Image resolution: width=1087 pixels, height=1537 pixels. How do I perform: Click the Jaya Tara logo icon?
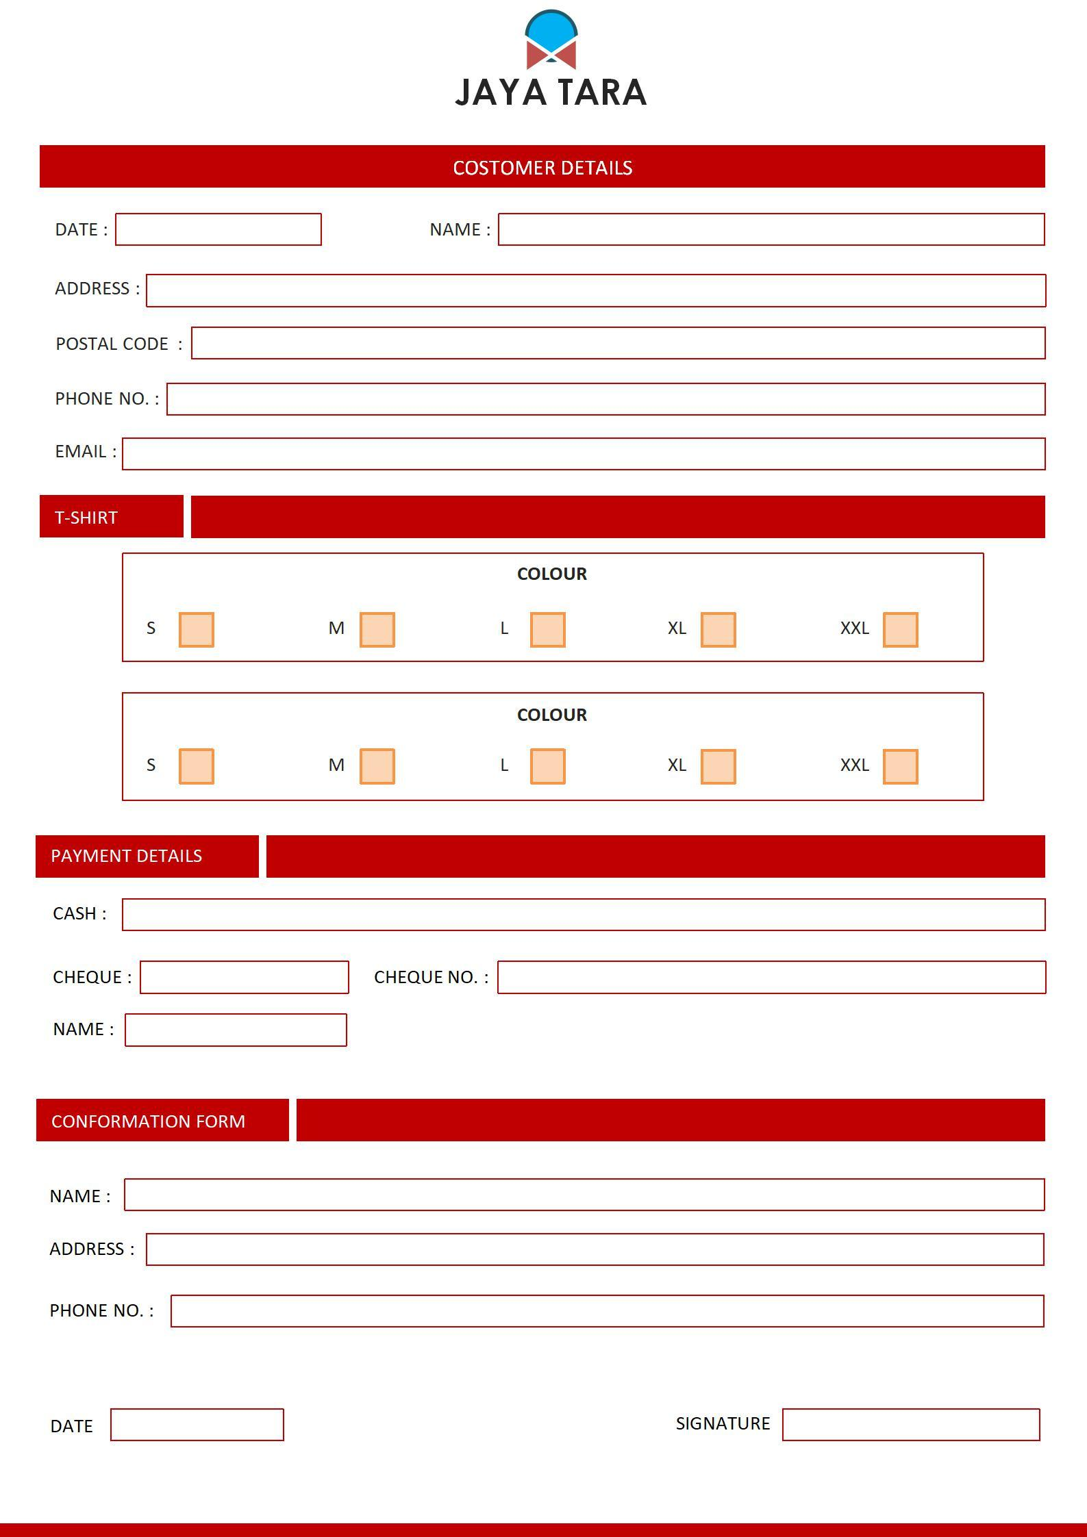[551, 40]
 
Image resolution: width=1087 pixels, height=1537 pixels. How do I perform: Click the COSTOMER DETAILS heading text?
[542, 168]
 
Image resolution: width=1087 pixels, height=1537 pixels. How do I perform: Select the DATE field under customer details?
[218, 229]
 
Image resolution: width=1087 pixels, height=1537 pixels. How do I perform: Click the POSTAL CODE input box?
[618, 343]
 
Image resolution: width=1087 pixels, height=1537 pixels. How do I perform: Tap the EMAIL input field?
[584, 454]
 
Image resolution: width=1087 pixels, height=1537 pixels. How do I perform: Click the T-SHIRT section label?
[86, 518]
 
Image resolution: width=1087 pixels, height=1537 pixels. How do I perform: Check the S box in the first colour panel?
[197, 629]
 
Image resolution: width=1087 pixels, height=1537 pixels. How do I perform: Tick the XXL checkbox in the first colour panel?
[900, 629]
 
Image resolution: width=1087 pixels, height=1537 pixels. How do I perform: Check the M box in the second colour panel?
[377, 766]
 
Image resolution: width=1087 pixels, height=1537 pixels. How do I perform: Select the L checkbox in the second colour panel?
[547, 766]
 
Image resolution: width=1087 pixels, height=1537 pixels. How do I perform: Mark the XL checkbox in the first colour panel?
[718, 629]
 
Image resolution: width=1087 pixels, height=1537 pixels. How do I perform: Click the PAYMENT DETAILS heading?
[127, 856]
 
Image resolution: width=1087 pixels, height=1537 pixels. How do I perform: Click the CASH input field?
[584, 915]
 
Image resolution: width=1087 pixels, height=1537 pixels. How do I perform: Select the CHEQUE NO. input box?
[771, 977]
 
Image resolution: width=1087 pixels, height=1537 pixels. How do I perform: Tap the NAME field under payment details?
[236, 1030]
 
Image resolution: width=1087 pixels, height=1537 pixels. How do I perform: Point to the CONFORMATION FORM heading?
[148, 1121]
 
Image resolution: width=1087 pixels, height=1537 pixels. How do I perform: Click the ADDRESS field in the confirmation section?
[595, 1249]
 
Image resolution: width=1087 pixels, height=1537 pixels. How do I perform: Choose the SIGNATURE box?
[911, 1425]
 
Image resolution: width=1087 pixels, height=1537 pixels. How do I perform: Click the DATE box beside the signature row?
[197, 1425]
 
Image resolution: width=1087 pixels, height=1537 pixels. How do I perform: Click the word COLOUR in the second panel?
[552, 715]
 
